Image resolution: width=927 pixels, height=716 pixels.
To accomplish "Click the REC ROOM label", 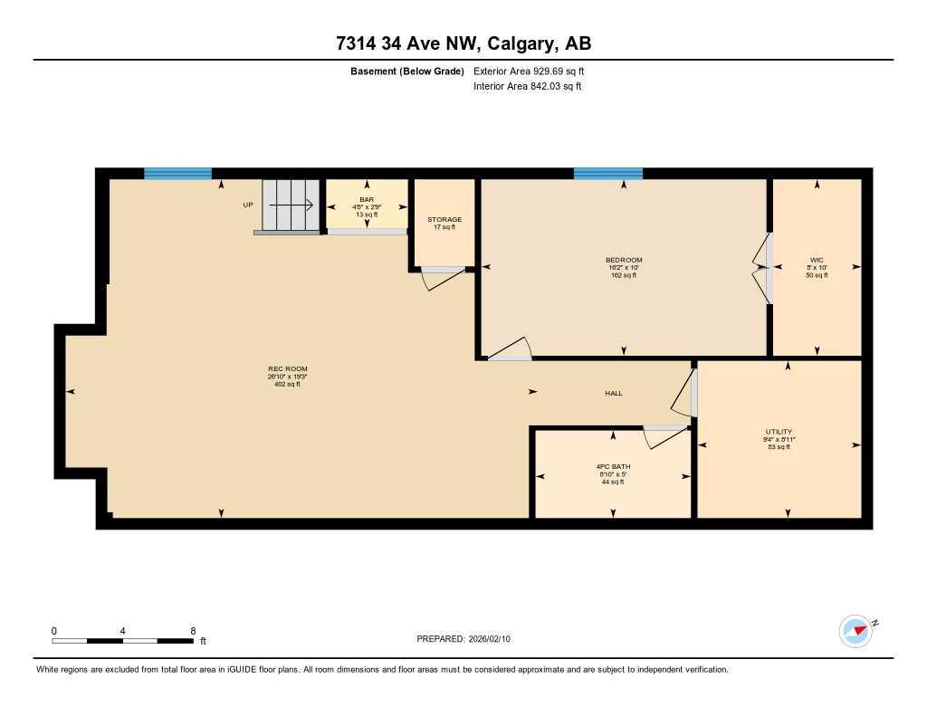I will click(287, 369).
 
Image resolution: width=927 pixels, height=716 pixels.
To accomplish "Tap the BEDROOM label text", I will click(625, 261).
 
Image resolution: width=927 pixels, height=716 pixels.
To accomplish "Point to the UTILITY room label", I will click(779, 432).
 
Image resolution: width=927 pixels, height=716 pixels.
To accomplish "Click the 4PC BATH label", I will click(613, 466).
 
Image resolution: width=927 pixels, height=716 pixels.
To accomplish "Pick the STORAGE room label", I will click(444, 220).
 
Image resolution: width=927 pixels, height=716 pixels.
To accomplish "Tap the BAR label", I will click(367, 199).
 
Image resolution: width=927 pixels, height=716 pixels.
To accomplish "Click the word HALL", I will click(614, 393).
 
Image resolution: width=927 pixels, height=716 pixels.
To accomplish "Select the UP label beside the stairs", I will click(248, 205).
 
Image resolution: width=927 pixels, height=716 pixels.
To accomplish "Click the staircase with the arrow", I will click(291, 205).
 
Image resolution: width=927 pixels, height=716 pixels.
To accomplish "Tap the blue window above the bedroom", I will click(607, 173).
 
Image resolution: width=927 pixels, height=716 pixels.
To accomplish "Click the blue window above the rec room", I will click(177, 173).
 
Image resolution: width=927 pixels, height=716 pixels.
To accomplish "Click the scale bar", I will click(122, 641).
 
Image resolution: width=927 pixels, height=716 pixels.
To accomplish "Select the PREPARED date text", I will click(463, 639).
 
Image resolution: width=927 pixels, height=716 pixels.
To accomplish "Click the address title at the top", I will click(463, 43).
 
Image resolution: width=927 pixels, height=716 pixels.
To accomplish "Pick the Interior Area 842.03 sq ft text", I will click(527, 87).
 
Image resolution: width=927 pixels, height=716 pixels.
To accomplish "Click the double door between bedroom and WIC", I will click(763, 268).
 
